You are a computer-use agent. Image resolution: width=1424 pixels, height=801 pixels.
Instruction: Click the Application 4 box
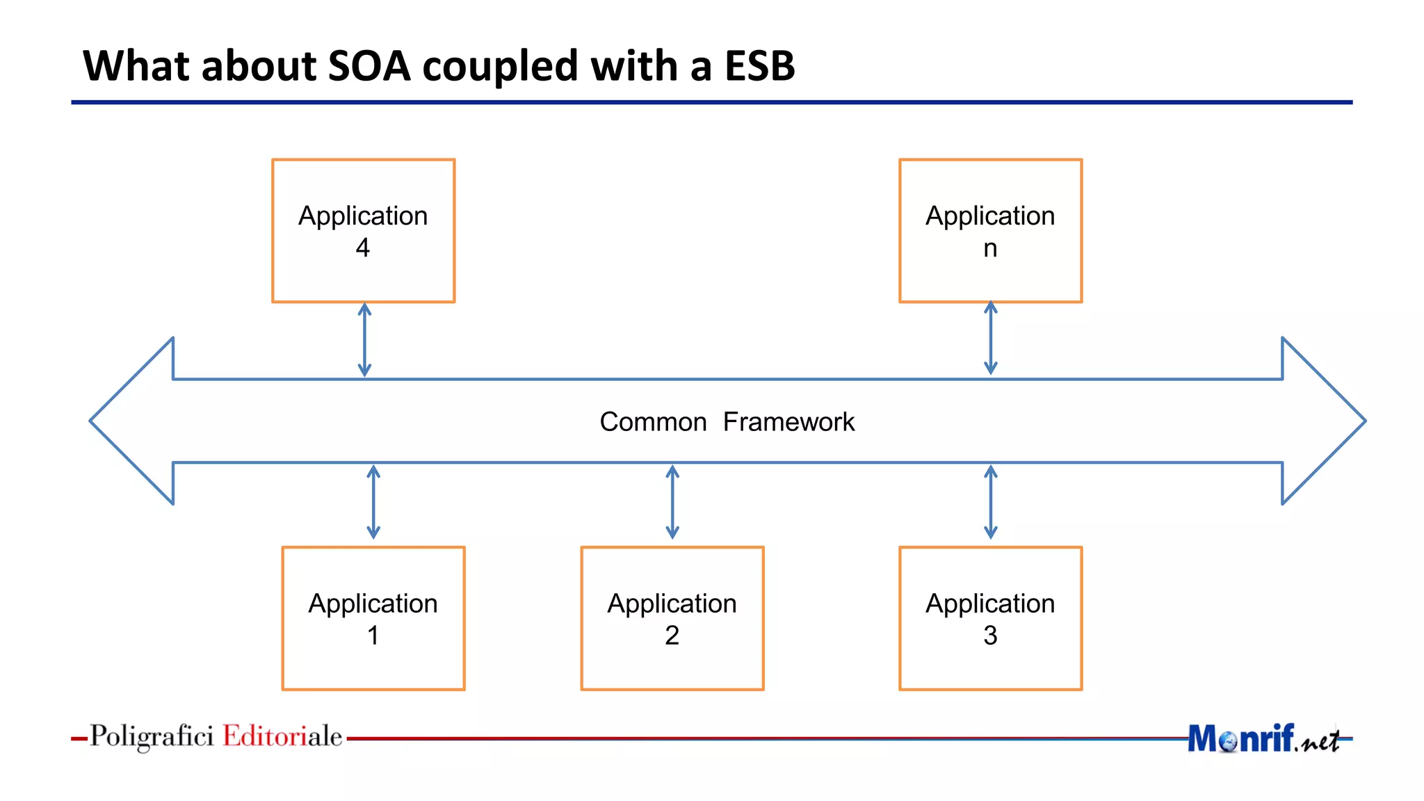pos(363,231)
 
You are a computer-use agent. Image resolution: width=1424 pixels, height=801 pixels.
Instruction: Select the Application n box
pos(990,231)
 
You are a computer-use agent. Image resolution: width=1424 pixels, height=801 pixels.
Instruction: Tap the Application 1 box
pos(373,618)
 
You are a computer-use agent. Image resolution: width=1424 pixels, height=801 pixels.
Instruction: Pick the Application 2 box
pos(672,618)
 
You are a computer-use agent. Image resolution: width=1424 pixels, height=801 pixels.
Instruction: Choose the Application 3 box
pos(990,618)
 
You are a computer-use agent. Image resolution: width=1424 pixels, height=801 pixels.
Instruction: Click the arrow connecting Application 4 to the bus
pos(364,340)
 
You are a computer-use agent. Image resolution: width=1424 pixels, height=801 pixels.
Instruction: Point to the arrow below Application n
pos(991,339)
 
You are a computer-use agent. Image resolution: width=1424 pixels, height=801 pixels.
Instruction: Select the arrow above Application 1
pos(373,502)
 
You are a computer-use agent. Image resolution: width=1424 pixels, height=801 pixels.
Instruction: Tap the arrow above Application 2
pos(672,502)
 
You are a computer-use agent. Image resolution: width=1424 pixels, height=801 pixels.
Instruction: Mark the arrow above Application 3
pos(991,502)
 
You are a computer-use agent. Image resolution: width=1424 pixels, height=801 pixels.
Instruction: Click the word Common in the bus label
pos(653,422)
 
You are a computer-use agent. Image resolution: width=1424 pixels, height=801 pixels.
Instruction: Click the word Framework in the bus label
pos(788,422)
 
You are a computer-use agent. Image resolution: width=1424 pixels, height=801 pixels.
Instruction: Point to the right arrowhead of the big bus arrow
pos(1321,421)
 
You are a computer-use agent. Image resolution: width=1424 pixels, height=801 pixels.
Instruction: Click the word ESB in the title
pos(759,66)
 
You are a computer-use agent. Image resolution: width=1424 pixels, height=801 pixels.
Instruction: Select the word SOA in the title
pos(369,66)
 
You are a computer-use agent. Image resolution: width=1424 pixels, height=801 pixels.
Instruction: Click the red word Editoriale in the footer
pos(282,736)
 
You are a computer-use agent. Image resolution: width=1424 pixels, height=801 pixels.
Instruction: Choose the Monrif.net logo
pos(1262,738)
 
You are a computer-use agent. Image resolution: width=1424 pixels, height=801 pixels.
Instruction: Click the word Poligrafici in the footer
pos(152,736)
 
